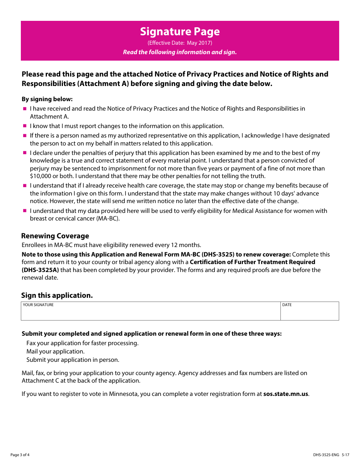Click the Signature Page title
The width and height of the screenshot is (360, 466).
point(180,31)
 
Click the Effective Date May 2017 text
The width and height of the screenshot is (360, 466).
point(180,43)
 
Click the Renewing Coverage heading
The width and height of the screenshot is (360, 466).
point(55,236)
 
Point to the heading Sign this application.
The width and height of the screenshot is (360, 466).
point(57,296)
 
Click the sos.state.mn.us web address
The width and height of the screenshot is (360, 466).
point(286,394)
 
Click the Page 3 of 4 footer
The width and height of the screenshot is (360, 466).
point(20,455)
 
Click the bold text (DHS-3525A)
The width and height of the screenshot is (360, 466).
point(40,270)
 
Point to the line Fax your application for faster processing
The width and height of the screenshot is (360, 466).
point(82,343)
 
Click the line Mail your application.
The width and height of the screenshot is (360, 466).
point(55,352)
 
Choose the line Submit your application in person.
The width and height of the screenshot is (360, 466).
point(73,360)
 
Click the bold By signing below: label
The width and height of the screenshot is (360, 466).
point(47,99)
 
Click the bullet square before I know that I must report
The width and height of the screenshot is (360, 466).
point(25,126)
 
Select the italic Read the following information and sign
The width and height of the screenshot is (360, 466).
point(180,52)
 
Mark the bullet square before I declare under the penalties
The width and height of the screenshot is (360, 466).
point(25,153)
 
